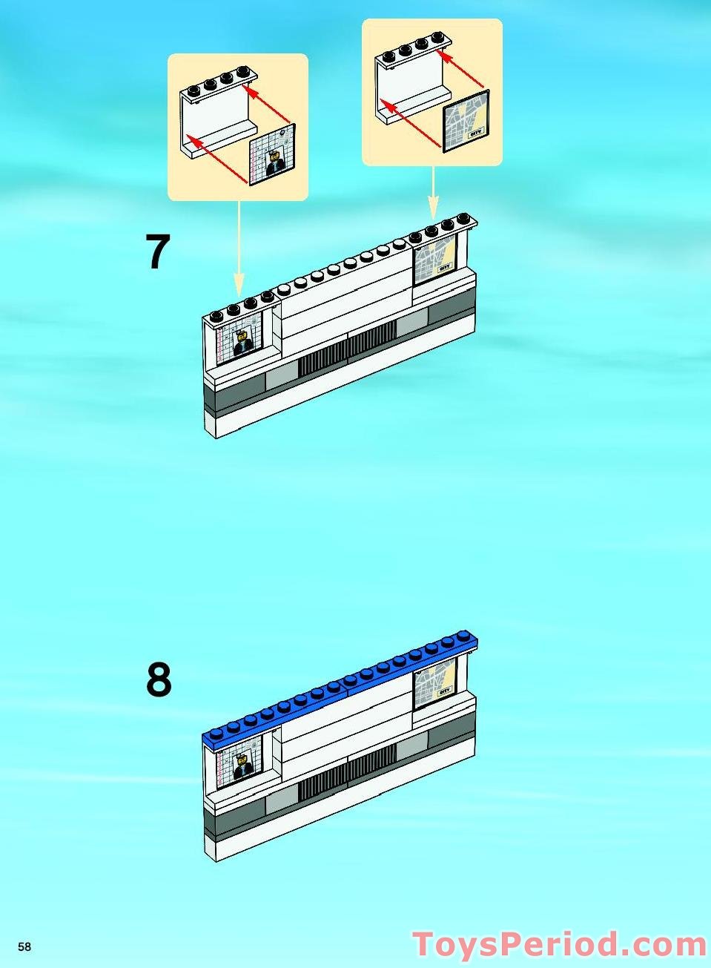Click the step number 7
pos(158,253)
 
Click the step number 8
pos(159,679)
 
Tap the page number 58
pos(24,947)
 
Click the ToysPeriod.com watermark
pos(560,945)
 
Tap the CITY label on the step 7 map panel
pos(445,266)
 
